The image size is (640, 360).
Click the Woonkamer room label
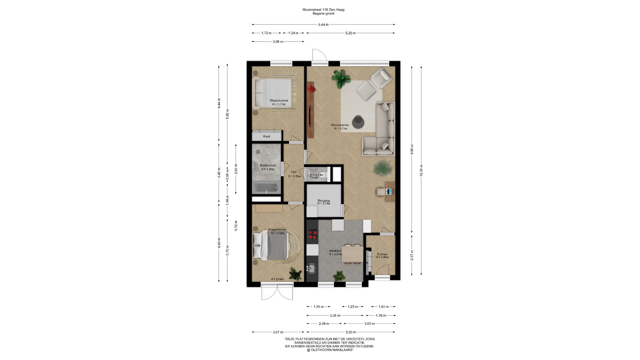(x=340, y=125)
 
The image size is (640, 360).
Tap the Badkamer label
(x=268, y=165)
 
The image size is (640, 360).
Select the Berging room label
(x=323, y=201)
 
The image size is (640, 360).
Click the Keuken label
(x=335, y=251)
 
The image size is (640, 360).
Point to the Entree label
(x=382, y=254)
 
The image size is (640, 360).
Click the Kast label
(x=267, y=136)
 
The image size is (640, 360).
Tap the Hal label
(x=294, y=172)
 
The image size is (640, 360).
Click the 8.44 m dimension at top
(x=323, y=25)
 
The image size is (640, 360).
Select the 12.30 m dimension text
(x=421, y=170)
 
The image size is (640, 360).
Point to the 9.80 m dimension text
(x=412, y=149)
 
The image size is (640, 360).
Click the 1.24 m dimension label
(x=293, y=33)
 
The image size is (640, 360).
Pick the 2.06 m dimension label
(x=324, y=323)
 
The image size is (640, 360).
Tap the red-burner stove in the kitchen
(x=312, y=234)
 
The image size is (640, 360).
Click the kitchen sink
(x=312, y=268)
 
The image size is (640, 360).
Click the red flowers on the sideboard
(x=311, y=89)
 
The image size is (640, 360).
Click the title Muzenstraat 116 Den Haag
(x=323, y=10)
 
